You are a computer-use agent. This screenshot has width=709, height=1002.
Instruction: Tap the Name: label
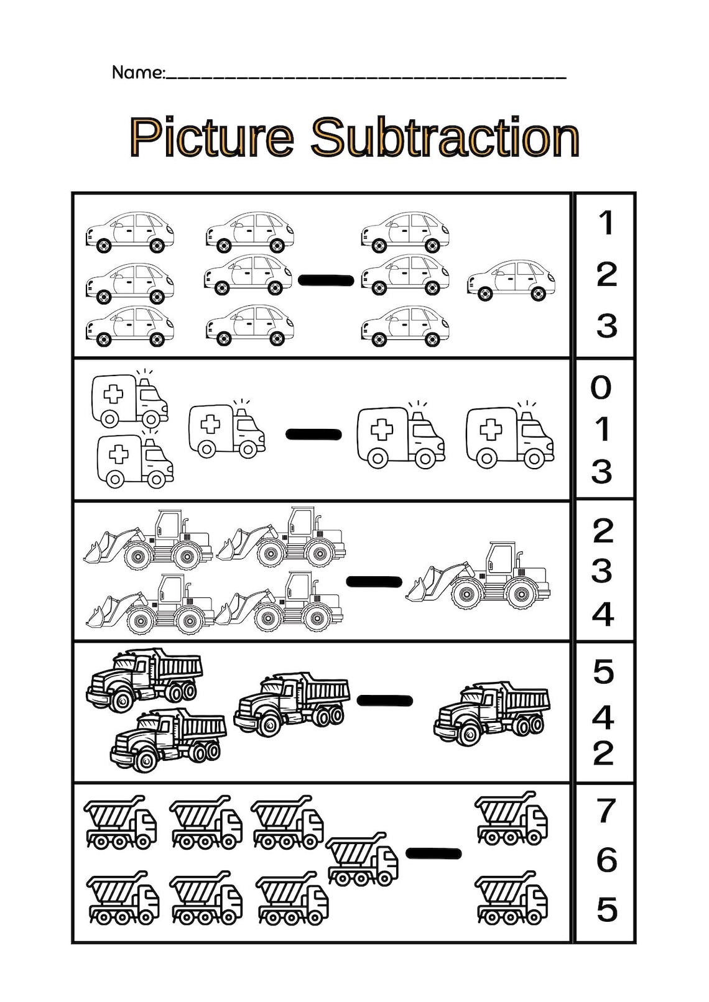(x=138, y=73)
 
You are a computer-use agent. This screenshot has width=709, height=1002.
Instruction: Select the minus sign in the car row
(x=326, y=280)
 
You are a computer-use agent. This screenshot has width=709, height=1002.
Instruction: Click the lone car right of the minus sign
(x=511, y=280)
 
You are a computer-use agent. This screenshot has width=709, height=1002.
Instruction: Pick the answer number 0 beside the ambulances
(x=601, y=388)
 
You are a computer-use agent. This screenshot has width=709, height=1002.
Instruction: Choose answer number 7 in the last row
(x=606, y=811)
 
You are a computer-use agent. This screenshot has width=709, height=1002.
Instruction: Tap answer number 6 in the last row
(x=606, y=860)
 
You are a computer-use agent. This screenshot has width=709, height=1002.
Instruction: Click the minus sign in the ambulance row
(x=313, y=434)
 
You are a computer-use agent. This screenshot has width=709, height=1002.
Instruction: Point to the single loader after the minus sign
(x=479, y=576)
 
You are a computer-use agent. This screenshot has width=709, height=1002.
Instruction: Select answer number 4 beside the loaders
(x=603, y=614)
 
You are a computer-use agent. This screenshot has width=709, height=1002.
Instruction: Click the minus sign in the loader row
(x=374, y=582)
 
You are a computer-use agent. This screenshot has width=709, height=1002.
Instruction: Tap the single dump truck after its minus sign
(x=491, y=713)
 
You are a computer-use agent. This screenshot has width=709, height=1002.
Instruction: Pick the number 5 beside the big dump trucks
(x=603, y=672)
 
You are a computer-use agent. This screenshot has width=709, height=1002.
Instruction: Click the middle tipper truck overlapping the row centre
(x=362, y=859)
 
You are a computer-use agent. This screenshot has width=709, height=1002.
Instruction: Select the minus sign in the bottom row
(x=433, y=853)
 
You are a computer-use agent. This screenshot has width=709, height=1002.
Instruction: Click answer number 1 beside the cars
(x=606, y=223)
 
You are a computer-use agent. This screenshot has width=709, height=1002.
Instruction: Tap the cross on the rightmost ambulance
(x=491, y=430)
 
